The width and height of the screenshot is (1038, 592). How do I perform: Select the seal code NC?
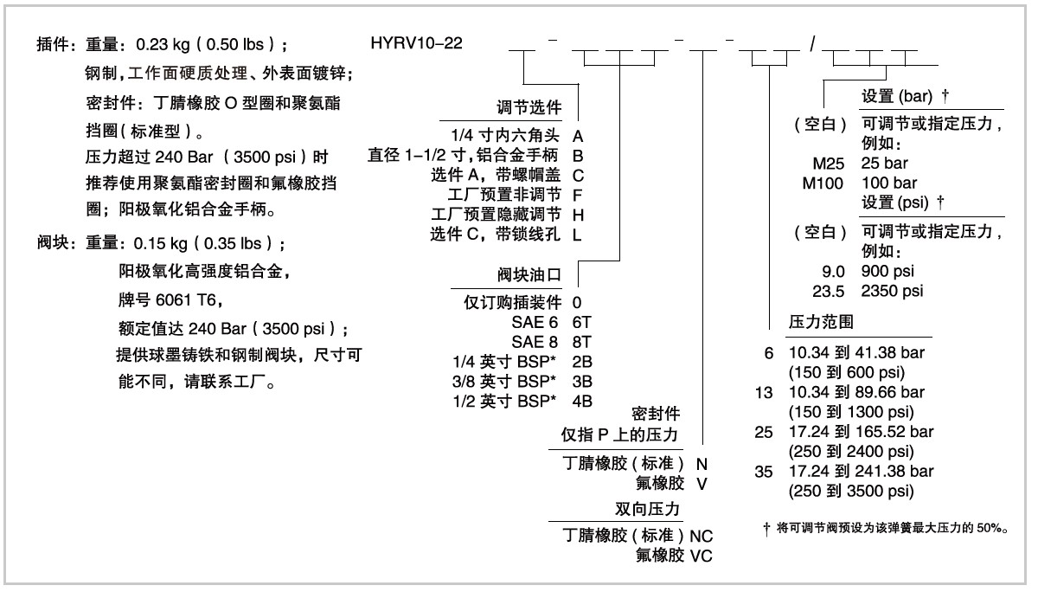pos(702,536)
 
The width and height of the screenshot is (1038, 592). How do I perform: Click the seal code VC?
pos(702,555)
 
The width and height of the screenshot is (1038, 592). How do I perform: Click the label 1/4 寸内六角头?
pos(506,137)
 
